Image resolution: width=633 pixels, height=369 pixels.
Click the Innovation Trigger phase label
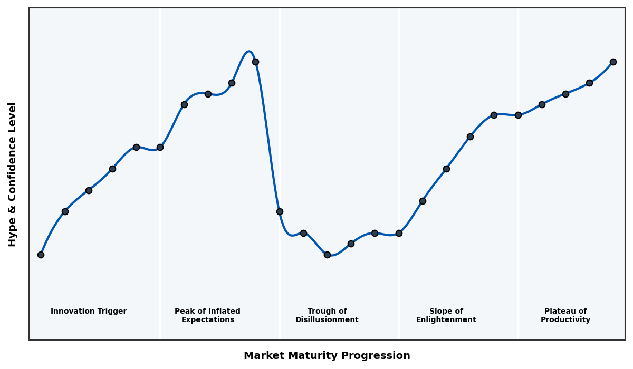[x=89, y=312]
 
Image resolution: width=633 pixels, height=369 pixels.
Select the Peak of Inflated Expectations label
[x=207, y=315]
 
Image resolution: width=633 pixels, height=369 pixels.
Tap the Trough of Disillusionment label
[x=327, y=315]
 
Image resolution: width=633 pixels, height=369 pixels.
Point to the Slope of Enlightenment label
[x=446, y=315]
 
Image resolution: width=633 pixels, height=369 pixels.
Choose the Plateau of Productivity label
[x=565, y=315]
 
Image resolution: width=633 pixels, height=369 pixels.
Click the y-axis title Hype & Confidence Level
[x=13, y=174]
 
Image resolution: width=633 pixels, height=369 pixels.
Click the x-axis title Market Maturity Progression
[x=327, y=356]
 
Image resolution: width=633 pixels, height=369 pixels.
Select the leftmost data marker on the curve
[x=41, y=255]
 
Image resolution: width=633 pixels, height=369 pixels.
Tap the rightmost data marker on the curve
[x=613, y=62]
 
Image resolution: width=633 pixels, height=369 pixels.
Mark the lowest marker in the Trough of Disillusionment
[x=327, y=255]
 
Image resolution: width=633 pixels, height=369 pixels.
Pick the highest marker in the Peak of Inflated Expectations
[x=255, y=62]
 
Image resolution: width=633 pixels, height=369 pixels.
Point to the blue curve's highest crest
[x=248, y=51]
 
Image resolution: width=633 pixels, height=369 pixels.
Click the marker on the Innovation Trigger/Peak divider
[x=160, y=147]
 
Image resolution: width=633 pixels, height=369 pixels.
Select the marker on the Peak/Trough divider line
[x=280, y=211]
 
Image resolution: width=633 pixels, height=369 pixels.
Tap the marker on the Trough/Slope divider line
[x=399, y=233]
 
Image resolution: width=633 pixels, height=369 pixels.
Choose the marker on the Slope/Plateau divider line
[x=518, y=115]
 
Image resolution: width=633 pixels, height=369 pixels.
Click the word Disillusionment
[x=327, y=320]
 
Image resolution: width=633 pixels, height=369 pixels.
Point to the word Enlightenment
[x=446, y=320]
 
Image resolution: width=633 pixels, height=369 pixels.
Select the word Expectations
[x=207, y=320]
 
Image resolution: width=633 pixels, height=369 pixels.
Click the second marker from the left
[x=65, y=211]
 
